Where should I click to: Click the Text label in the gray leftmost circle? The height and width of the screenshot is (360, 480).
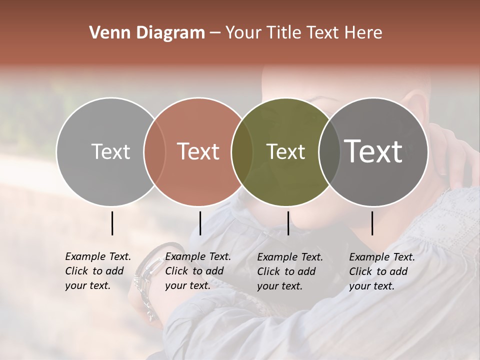[x=110, y=151]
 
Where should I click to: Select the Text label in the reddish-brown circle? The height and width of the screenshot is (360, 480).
[x=198, y=151]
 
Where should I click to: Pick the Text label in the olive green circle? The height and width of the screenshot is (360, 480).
[x=285, y=151]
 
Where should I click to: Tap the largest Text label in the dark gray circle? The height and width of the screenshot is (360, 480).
[x=373, y=151]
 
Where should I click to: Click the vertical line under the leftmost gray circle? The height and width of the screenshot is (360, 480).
[x=112, y=223]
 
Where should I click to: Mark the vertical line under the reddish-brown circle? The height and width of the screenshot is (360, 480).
[x=200, y=223]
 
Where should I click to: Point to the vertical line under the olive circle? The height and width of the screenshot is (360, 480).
[x=288, y=223]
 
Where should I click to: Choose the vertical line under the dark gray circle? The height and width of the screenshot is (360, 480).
[x=372, y=223]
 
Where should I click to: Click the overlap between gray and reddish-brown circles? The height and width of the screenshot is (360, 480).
[x=154, y=151]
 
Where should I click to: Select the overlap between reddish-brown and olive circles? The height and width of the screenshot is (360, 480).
[x=242, y=151]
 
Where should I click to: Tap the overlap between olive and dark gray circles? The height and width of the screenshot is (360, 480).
[x=329, y=151]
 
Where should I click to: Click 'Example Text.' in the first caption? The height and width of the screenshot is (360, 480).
[x=98, y=256]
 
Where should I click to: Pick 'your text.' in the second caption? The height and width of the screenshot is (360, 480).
[x=187, y=285]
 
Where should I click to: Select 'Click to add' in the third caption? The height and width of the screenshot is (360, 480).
[x=286, y=271]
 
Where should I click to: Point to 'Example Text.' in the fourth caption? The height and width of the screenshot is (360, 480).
[x=382, y=257]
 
